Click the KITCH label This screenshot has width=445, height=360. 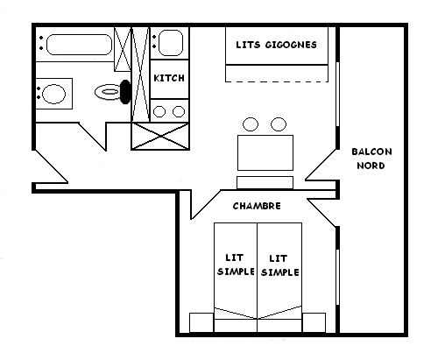169,78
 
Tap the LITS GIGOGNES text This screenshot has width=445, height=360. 276,45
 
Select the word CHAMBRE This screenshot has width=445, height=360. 257,206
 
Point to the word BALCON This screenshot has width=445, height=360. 371,152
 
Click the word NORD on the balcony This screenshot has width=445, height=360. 371,166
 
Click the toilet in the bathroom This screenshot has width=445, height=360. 108,92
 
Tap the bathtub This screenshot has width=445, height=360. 79,45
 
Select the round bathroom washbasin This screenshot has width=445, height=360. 53,94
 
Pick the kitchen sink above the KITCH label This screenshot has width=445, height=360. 171,43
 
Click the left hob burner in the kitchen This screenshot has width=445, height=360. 159,111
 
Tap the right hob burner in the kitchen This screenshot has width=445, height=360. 179,111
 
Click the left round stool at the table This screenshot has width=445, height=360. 251,124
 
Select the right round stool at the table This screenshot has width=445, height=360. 279,124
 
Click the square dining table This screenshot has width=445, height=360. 265,152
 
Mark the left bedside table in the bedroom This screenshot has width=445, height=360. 201,322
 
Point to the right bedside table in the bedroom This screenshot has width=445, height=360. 314,322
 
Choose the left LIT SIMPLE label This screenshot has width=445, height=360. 236,265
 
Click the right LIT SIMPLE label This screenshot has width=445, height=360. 279,265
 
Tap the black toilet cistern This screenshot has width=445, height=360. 126,92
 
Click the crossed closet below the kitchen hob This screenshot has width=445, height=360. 160,137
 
